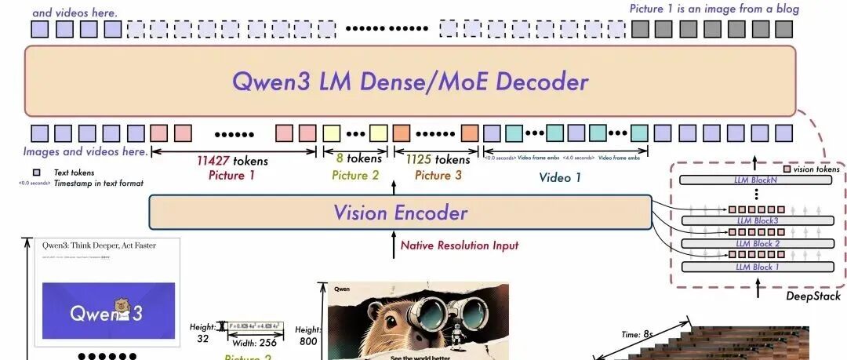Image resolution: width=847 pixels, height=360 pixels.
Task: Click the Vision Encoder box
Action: [400, 212]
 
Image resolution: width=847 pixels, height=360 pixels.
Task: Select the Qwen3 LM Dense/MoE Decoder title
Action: [409, 82]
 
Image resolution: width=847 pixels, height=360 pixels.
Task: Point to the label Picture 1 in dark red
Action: [232, 175]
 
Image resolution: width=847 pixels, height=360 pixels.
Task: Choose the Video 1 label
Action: [560, 177]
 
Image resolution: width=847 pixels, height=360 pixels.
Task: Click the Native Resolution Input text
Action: [460, 245]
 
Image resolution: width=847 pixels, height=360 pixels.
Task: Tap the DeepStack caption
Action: [813, 296]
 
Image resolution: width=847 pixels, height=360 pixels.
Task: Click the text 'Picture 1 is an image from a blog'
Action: [714, 9]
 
